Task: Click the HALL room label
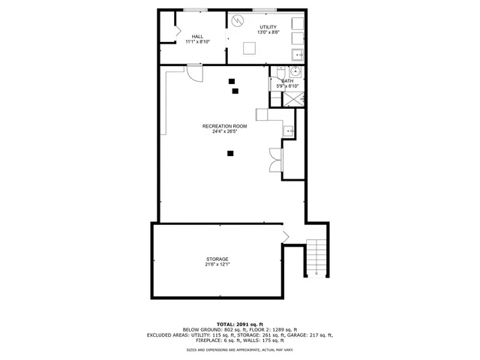point(197,36)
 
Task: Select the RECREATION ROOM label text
point(224,126)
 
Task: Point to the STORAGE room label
point(217,259)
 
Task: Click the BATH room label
point(287,80)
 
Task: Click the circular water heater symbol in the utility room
point(239,21)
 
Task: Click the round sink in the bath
point(295,72)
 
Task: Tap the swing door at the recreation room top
point(193,73)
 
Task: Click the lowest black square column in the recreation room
point(230,154)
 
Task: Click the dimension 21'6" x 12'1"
point(217,265)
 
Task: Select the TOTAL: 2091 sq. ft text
point(239,324)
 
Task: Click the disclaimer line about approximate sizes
point(239,349)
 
